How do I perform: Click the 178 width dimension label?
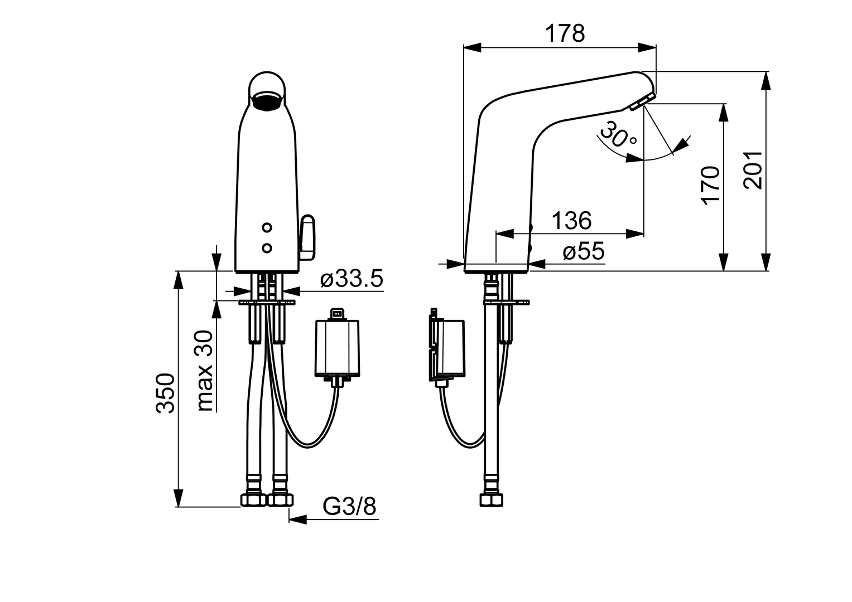[565, 33]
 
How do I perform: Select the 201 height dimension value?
[753, 170]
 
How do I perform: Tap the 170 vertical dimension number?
[710, 185]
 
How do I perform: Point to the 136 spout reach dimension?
[572, 220]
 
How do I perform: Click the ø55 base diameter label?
[584, 251]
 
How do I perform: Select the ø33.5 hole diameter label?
[352, 279]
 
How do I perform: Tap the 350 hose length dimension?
[166, 393]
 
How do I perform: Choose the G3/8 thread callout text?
[349, 506]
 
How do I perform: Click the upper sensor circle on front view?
[267, 227]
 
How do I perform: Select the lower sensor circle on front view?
[267, 248]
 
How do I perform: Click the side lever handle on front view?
[307, 238]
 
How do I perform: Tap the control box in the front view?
[337, 348]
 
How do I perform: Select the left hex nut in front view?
[253, 499]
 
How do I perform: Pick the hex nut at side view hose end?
[491, 499]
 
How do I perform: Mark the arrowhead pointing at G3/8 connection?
[298, 520]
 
